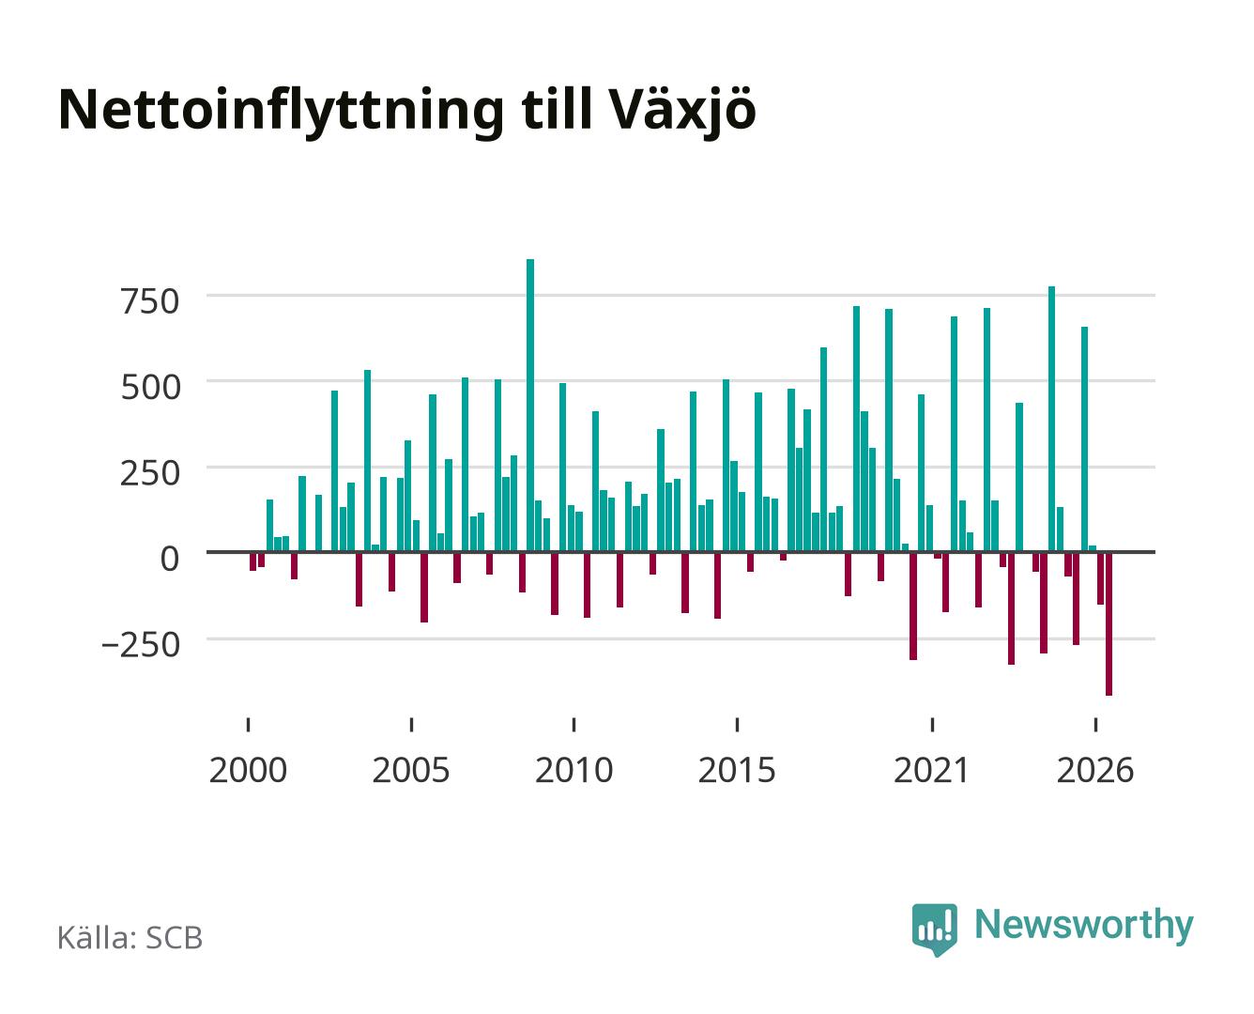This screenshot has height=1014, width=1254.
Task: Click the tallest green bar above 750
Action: point(530,405)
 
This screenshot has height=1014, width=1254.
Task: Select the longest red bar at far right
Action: point(1109,624)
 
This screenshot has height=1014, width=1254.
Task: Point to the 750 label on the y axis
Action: point(150,302)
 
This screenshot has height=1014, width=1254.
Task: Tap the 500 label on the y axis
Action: point(150,388)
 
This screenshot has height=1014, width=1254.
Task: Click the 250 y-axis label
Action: point(150,473)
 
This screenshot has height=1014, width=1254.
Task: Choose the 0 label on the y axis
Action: point(170,559)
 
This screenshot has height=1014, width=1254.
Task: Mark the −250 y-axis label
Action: point(141,645)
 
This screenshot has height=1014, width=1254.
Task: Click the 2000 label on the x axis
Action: point(248,770)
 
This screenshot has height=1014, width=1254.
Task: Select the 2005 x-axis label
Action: point(411,770)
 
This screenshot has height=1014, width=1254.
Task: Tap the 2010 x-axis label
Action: point(574,770)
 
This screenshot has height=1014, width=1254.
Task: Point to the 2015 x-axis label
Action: point(737,770)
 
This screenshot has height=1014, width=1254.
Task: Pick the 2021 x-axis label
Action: point(931,770)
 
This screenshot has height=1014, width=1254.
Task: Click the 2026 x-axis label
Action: point(1095,770)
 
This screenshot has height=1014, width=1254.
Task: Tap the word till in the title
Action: point(557,109)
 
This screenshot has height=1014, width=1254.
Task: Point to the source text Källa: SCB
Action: point(130,938)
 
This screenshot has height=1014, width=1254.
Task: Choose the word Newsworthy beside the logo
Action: point(1084,926)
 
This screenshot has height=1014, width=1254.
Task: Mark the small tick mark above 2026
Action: point(1095,725)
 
